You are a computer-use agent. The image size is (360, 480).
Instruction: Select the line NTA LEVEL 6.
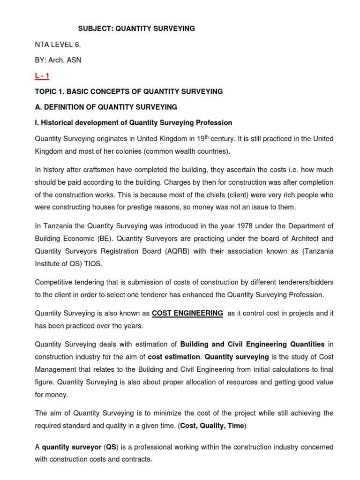click(61, 45)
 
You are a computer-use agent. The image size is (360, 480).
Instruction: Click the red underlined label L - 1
click(42, 76)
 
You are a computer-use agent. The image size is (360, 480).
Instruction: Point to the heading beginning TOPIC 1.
click(129, 91)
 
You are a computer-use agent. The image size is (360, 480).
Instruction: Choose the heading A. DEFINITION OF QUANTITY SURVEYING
click(106, 107)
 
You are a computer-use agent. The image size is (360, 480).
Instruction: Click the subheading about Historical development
click(134, 123)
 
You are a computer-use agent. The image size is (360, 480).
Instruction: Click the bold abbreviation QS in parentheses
click(111, 447)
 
